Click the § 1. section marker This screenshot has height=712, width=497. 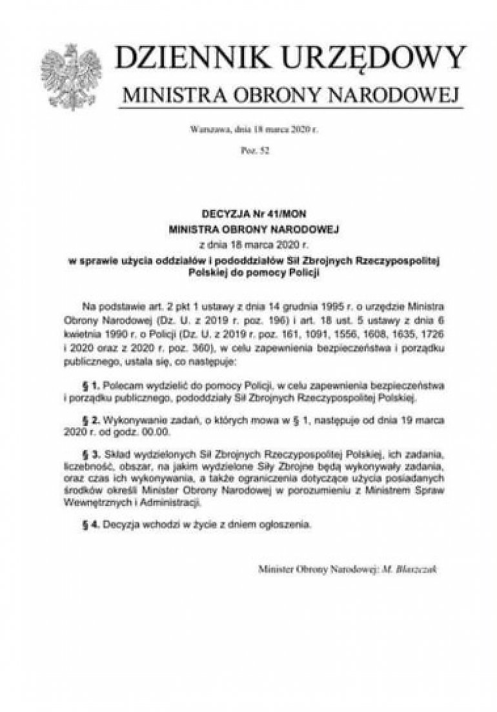tap(90, 385)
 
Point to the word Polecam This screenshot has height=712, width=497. tap(121, 385)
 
